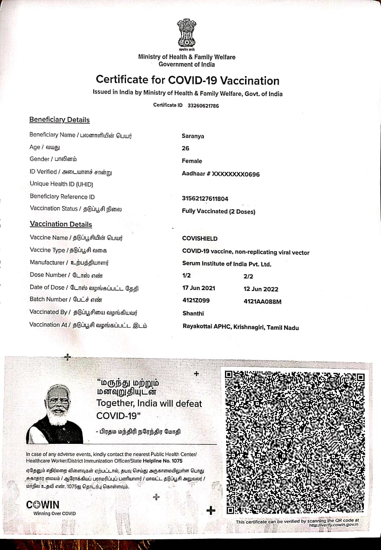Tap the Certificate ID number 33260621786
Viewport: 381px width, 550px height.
[203, 105]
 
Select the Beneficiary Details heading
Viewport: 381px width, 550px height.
[59, 120]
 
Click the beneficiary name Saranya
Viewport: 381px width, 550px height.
[193, 136]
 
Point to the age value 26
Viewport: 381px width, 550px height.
[186, 149]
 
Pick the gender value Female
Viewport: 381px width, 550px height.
[192, 161]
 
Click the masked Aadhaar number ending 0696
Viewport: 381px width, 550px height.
[221, 174]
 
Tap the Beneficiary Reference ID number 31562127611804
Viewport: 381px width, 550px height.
[205, 199]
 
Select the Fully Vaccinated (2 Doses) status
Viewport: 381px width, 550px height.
[218, 211]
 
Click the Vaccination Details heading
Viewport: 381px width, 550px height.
[61, 224]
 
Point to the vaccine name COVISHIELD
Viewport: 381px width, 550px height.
[200, 238]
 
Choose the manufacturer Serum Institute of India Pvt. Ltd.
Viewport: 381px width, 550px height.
[227, 264]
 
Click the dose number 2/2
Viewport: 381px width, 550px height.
[248, 277]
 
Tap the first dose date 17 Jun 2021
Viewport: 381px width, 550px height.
[199, 288]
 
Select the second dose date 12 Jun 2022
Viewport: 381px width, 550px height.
[261, 289]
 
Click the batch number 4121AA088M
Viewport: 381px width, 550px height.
[262, 302]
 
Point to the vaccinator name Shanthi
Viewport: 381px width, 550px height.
[193, 314]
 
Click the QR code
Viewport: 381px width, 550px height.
[295, 442]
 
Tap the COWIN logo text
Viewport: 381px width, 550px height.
[43, 505]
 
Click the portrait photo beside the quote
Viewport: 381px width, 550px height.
[56, 414]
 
